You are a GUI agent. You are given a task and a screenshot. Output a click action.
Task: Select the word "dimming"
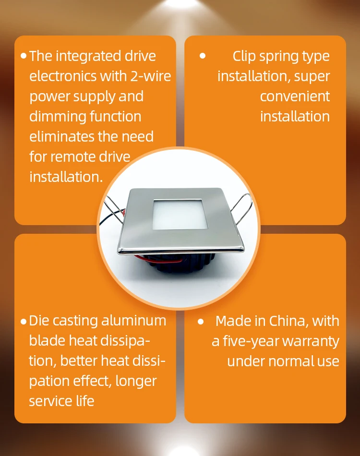point(55,117)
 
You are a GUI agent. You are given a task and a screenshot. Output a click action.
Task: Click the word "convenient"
point(295,96)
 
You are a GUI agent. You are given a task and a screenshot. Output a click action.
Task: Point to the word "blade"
point(45,341)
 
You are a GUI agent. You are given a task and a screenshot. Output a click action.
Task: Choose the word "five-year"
point(250,341)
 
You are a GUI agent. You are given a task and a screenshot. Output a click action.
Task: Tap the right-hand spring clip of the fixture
point(242,206)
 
